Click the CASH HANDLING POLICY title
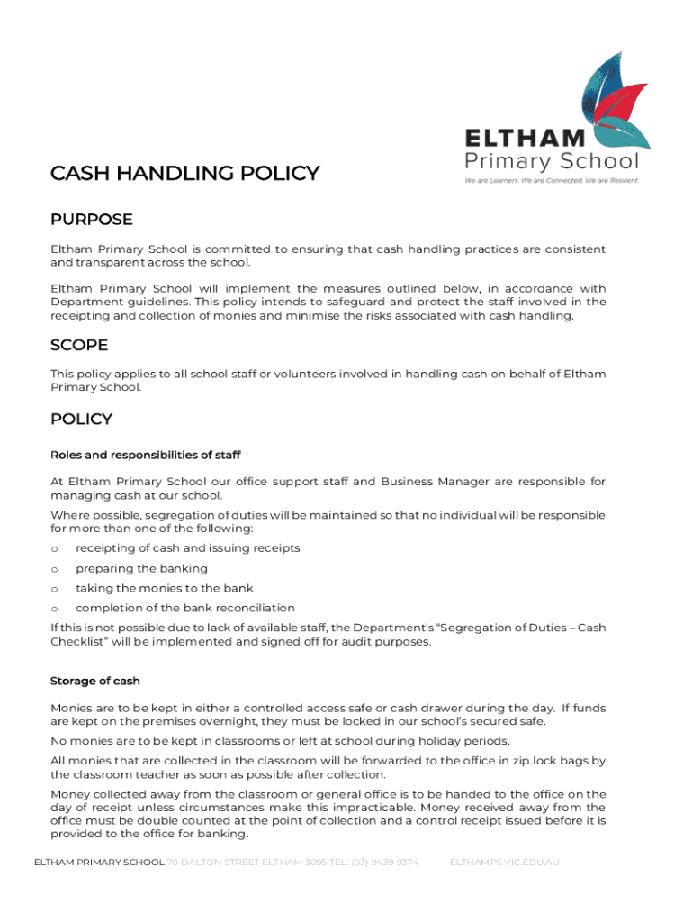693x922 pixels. click(184, 173)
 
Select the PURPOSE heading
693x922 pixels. click(92, 220)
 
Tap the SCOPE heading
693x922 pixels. click(79, 346)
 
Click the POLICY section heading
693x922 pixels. click(81, 420)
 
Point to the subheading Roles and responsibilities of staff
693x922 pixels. click(146, 455)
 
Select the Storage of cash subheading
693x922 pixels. click(95, 681)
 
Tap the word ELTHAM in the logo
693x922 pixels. click(525, 139)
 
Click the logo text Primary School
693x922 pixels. click(551, 161)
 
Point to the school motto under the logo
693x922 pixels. click(551, 180)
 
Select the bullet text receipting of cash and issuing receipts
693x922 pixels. click(187, 548)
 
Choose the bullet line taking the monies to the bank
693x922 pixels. click(164, 589)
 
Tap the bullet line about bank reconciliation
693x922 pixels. click(184, 609)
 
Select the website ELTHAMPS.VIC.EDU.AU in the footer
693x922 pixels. click(504, 863)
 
